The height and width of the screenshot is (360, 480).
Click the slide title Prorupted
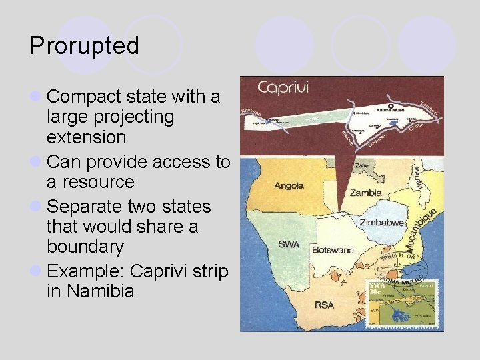coord(84,46)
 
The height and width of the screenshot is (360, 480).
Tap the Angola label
coord(289,186)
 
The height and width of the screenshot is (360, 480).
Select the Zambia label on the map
coord(366,193)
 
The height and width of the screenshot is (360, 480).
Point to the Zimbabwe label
coord(383,222)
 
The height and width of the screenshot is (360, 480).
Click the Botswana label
coord(332,250)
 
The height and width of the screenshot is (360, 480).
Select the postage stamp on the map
coord(405,304)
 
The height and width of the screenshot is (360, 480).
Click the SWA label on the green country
coord(289,244)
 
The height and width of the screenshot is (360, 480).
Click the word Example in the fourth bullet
coord(86,271)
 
